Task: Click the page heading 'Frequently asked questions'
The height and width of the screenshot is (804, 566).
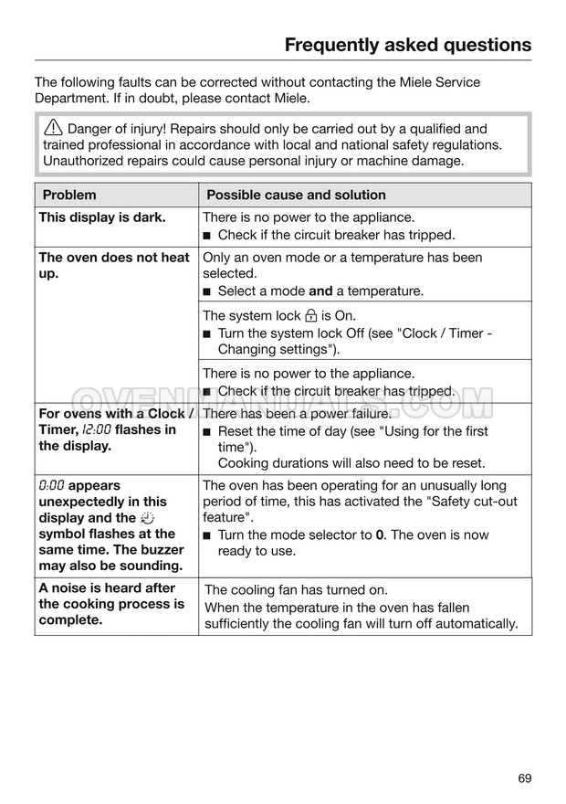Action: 407,45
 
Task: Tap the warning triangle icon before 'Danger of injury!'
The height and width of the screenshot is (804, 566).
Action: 53,129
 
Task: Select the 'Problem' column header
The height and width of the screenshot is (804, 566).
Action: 68,195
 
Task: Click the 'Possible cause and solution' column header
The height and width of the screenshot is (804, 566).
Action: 296,195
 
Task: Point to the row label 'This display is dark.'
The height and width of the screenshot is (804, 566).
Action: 102,217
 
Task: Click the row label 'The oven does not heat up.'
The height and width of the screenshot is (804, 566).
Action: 113,265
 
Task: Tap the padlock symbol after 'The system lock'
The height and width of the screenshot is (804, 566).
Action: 311,316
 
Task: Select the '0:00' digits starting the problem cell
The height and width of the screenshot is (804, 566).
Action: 52,486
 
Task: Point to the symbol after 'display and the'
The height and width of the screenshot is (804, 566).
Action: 149,518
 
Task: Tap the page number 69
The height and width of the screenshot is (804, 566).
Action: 523,778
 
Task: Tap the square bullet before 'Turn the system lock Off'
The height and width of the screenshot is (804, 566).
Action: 207,333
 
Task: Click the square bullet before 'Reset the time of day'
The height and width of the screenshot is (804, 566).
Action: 207,431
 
